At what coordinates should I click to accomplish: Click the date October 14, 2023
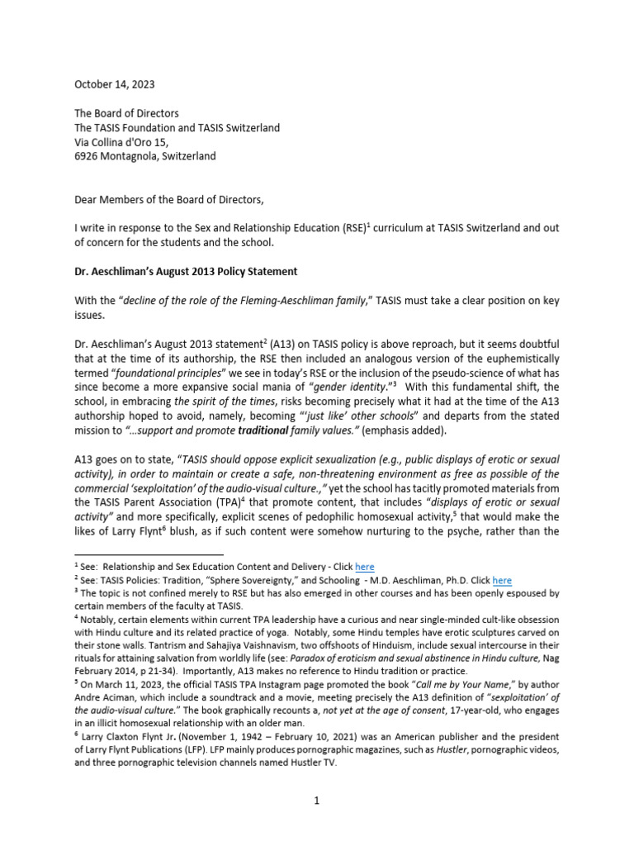tap(114, 84)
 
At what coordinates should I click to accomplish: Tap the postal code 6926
tap(89, 155)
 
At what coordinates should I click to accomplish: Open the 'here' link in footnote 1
tap(364, 567)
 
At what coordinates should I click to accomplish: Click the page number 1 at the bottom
tap(316, 800)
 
